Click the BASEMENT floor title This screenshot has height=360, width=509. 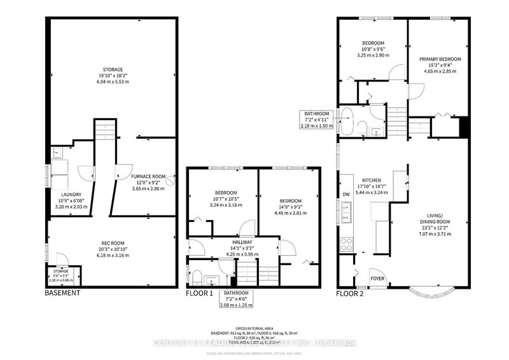pyautogui.click(x=62, y=293)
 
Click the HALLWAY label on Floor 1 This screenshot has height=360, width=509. pyautogui.click(x=232, y=242)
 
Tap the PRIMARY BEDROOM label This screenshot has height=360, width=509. pyautogui.click(x=440, y=59)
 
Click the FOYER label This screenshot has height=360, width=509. pyautogui.click(x=377, y=278)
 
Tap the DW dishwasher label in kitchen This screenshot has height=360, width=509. pyautogui.click(x=346, y=195)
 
